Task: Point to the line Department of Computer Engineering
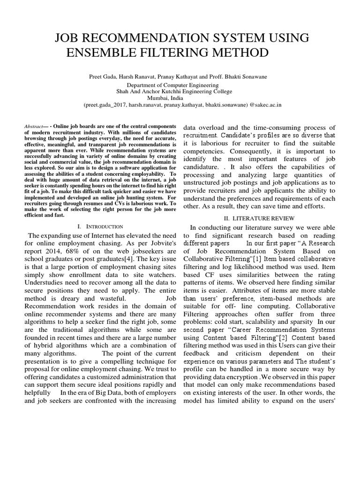pyautogui.click(x=180, y=84)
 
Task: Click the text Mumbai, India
pyautogui.click(x=180, y=98)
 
